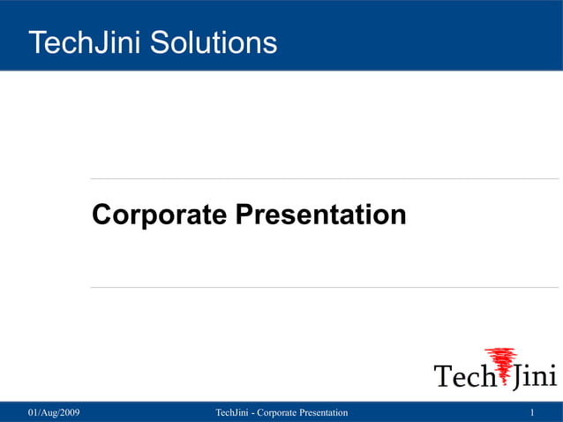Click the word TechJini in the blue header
coord(85,41)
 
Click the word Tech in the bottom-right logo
coord(462,376)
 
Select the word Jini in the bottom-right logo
coord(535,376)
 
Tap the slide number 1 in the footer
coord(533,413)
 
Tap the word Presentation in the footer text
coord(323,413)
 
